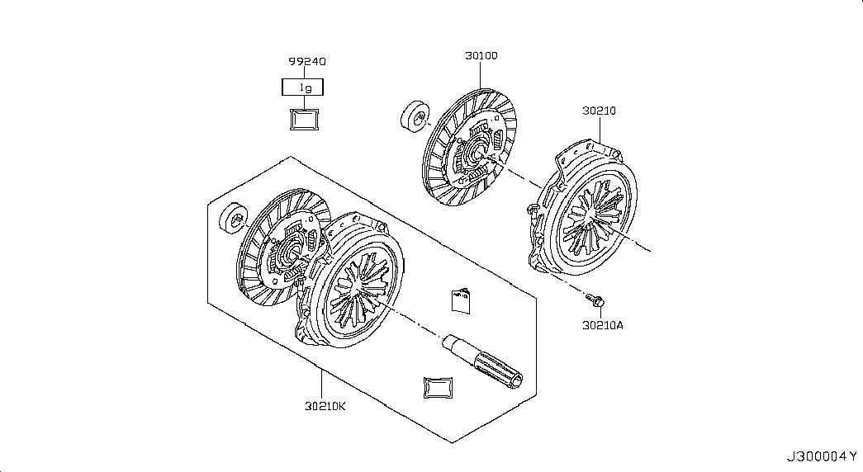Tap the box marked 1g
click(x=303, y=86)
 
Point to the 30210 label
click(x=599, y=110)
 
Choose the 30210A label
click(x=602, y=325)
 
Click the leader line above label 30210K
click(x=324, y=384)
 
